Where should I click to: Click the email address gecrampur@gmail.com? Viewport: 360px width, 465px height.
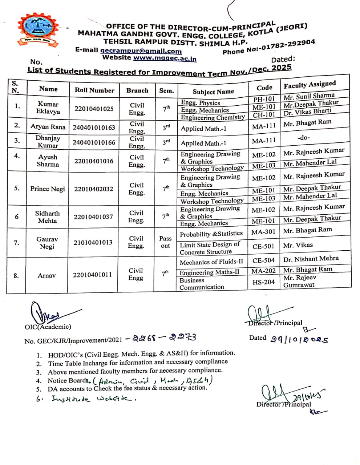141,51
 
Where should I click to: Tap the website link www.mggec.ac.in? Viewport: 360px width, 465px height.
165,58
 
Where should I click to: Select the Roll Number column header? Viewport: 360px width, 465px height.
94,90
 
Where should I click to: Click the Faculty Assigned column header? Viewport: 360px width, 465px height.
310,85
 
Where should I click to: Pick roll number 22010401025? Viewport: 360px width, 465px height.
94,109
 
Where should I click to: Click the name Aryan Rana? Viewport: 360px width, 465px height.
48,127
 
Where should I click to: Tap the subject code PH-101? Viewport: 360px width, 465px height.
264,99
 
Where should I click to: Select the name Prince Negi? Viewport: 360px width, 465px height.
48,189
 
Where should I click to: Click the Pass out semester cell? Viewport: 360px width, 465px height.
165,242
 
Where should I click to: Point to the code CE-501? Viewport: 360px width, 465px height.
263,246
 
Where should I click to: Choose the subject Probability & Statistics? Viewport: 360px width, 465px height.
211,234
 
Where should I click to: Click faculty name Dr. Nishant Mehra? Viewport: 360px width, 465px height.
311,259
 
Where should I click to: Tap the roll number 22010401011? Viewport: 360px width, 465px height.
92,275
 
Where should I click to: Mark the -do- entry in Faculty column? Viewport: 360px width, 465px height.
303,138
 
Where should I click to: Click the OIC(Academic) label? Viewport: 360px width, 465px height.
48,327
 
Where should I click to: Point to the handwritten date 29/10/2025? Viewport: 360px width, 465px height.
300,339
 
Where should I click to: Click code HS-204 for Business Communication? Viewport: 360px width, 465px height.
263,282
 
